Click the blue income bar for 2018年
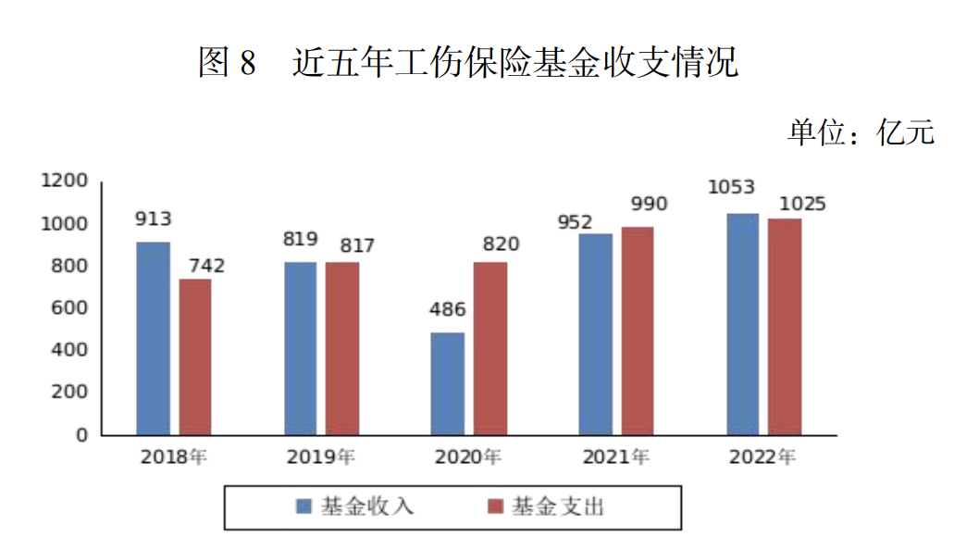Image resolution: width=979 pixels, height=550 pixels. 153,338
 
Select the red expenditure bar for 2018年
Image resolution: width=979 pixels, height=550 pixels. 195,356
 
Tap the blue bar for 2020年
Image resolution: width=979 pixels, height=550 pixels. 448,383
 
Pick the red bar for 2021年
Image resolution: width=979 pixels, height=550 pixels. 638,331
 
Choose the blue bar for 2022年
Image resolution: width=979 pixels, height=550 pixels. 742,324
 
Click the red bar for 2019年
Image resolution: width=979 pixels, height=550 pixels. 342,348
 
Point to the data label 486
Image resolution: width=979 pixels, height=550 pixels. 448,310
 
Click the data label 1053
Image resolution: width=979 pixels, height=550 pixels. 731,188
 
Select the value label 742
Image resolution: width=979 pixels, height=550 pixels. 206,266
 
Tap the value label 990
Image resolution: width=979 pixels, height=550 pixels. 649,205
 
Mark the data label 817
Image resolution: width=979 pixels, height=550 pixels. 356,245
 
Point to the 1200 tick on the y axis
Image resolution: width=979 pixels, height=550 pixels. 65,181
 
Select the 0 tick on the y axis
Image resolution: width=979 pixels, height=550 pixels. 81,434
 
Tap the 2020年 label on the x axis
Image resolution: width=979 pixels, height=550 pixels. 468,457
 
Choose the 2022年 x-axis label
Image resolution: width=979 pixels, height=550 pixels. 762,457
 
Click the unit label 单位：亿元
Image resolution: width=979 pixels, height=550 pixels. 861,132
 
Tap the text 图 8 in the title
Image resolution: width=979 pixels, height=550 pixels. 227,64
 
